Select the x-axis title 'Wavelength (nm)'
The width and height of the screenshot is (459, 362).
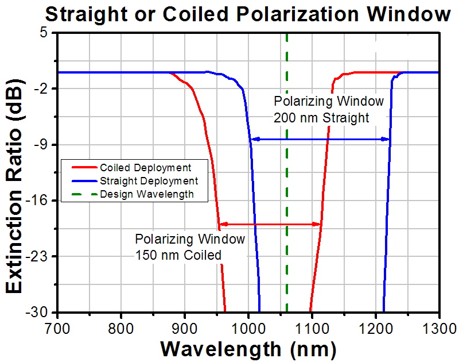point(248,348)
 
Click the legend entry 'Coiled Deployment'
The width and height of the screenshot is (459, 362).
point(145,168)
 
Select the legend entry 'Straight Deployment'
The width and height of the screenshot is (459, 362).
point(149,181)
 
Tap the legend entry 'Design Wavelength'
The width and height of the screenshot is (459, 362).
point(146,194)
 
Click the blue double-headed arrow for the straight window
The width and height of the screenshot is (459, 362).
point(321,139)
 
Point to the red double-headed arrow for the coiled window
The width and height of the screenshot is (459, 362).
point(270,224)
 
